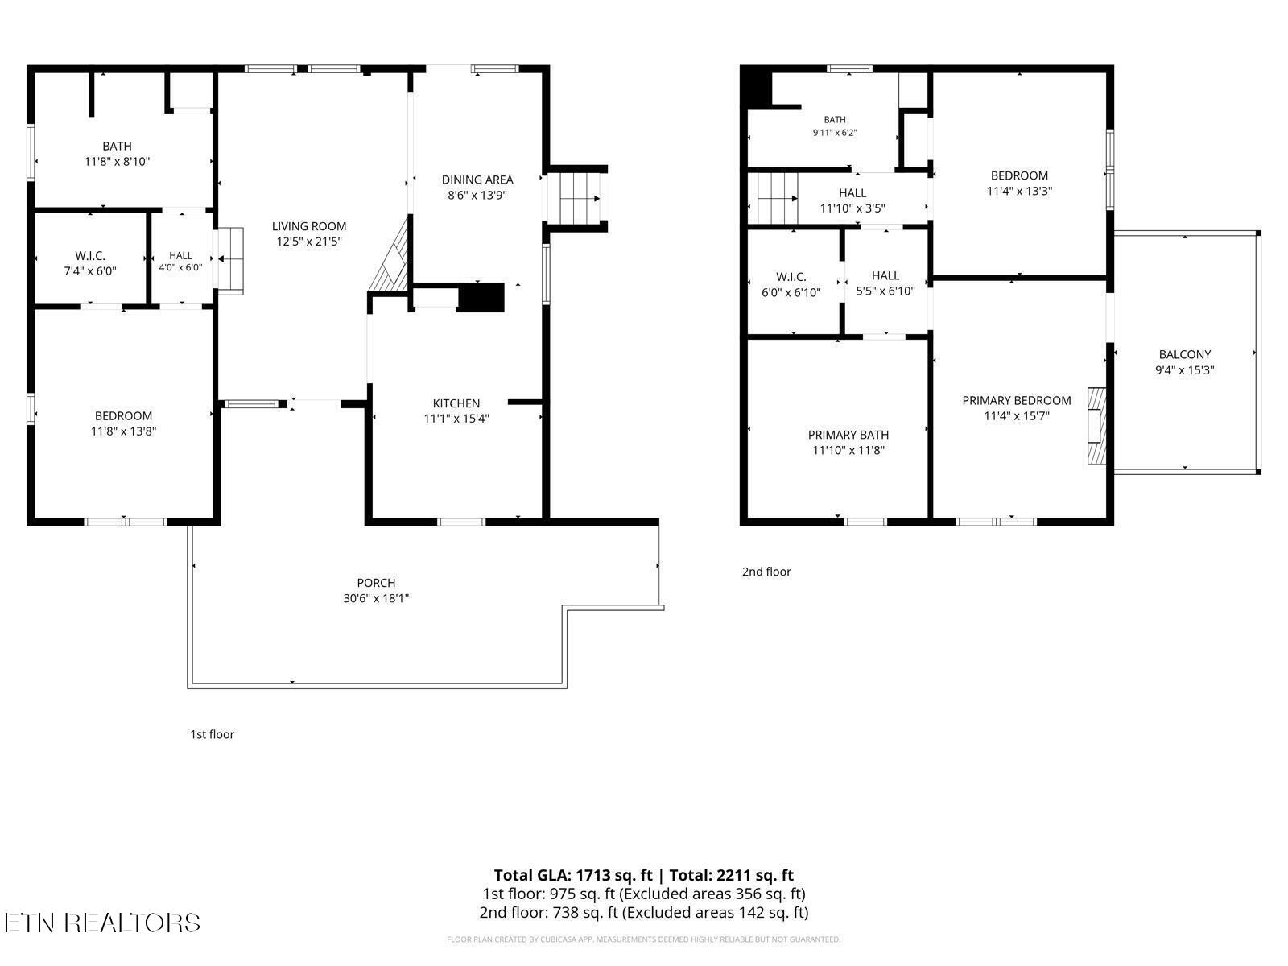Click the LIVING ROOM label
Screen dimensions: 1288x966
[308, 226]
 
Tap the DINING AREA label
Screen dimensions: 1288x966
[477, 180]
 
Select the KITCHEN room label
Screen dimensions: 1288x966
[456, 403]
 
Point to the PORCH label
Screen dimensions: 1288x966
[376, 582]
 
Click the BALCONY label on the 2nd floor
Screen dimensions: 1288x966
[1184, 354]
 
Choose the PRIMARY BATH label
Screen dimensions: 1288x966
[848, 435]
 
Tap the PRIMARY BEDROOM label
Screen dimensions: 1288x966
[1017, 400]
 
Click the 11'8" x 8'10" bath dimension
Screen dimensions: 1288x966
[117, 161]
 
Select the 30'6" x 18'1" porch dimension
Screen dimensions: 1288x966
[376, 597]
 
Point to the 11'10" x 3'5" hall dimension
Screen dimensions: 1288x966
[852, 208]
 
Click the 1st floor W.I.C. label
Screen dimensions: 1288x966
[90, 256]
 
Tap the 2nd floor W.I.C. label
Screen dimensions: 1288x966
[791, 277]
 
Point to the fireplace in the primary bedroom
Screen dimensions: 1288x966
[1096, 426]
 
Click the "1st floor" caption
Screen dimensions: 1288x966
[212, 734]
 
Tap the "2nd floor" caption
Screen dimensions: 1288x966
[766, 572]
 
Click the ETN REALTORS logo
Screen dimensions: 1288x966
[102, 923]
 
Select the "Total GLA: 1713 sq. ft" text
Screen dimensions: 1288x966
[572, 875]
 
